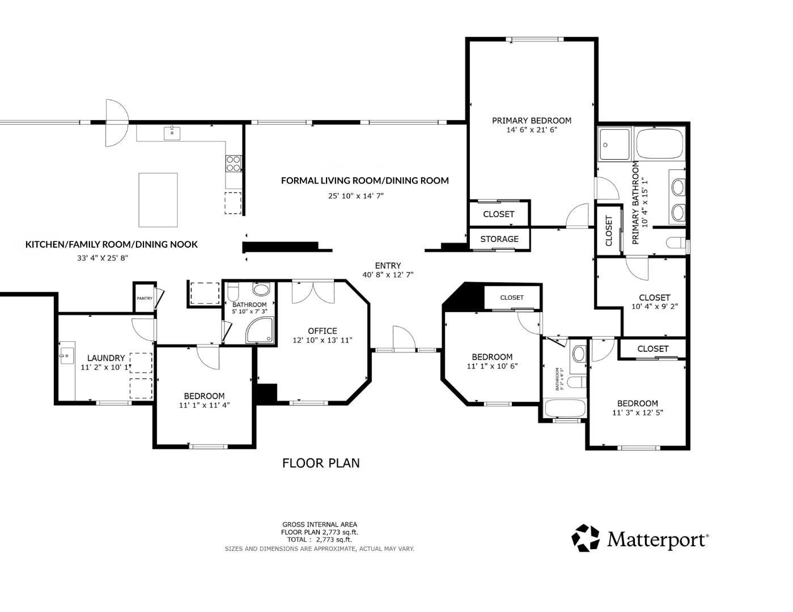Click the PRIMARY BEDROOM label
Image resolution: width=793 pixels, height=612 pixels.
tap(531, 120)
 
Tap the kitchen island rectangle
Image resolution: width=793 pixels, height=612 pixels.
tap(158, 199)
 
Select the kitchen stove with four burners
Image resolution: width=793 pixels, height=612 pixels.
tap(233, 163)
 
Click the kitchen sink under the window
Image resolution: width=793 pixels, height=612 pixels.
tap(172, 133)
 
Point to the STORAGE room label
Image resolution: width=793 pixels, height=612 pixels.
tap(499, 239)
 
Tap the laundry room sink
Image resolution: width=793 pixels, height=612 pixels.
tap(66, 356)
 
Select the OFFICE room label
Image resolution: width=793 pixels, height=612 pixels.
tap(322, 331)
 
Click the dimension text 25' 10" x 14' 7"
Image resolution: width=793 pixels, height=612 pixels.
tap(356, 196)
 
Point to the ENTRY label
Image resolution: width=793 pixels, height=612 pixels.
tap(388, 265)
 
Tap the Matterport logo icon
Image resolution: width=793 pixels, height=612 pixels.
tap(585, 538)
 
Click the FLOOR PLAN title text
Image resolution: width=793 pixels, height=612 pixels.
tap(321, 463)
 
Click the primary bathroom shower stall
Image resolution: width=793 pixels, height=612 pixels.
tap(614, 145)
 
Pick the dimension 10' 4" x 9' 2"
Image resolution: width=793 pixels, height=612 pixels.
tap(654, 307)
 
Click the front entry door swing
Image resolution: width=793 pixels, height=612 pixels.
tap(404, 338)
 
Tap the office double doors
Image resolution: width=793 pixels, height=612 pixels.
tap(313, 291)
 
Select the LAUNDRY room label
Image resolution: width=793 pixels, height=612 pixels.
tap(106, 358)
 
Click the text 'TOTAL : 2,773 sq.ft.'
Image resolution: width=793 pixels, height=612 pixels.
tap(320, 539)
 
